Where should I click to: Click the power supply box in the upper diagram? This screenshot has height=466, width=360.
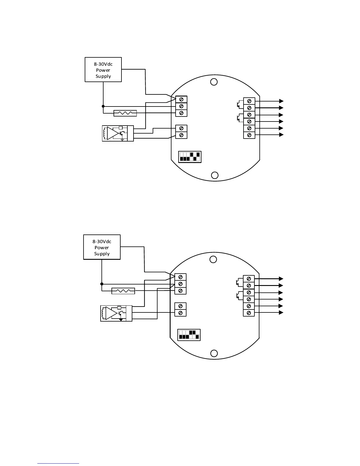click(x=103, y=69)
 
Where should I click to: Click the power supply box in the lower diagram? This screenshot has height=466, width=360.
click(x=102, y=247)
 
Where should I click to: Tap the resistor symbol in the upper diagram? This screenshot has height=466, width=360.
click(x=125, y=113)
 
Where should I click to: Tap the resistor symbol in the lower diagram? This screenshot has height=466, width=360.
click(x=124, y=291)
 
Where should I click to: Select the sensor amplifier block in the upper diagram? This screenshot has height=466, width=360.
click(x=118, y=133)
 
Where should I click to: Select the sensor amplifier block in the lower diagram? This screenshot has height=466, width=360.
click(x=116, y=314)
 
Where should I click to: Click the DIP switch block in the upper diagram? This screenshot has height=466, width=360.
click(x=190, y=157)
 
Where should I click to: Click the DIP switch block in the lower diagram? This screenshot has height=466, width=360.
click(x=189, y=335)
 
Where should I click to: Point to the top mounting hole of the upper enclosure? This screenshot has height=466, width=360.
click(x=214, y=82)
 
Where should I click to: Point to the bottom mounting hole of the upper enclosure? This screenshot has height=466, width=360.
click(x=215, y=175)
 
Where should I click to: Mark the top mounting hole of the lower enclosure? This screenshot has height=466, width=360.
click(x=213, y=259)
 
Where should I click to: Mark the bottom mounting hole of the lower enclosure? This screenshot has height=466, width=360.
click(x=214, y=353)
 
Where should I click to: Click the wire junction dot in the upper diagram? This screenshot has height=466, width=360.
click(x=103, y=106)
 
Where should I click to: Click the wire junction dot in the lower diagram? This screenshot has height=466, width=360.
click(x=102, y=284)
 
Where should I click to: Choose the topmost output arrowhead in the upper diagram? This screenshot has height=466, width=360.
click(x=281, y=101)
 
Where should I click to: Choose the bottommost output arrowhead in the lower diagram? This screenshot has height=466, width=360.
click(x=281, y=312)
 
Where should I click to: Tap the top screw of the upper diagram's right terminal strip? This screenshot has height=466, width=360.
click(x=249, y=101)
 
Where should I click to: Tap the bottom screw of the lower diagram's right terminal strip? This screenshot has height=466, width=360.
click(x=249, y=313)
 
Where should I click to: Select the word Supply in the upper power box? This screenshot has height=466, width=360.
click(x=103, y=76)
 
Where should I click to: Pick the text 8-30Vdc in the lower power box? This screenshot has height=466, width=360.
click(x=102, y=241)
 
